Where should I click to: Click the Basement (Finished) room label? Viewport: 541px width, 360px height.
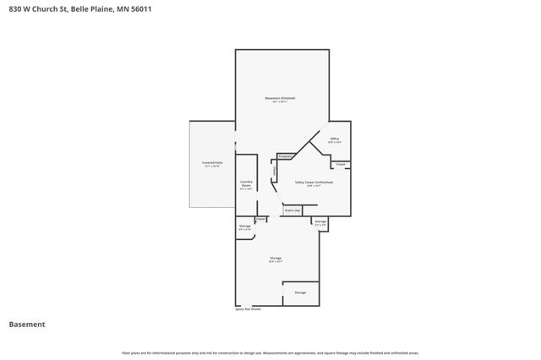pyautogui.click(x=280, y=98)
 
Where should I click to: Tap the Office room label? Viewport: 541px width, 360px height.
pyautogui.click(x=335, y=139)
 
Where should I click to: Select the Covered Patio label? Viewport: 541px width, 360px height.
pyautogui.click(x=212, y=161)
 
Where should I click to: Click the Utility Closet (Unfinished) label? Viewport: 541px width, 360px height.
pyautogui.click(x=314, y=182)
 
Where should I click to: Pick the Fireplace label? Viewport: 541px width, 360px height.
pyautogui.click(x=286, y=156)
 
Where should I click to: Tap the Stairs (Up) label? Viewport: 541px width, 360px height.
pyautogui.click(x=292, y=210)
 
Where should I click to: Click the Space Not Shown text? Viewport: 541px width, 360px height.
pyautogui.click(x=248, y=309)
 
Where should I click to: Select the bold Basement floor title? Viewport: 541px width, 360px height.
pyautogui.click(x=26, y=325)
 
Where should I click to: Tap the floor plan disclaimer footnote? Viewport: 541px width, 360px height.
pyautogui.click(x=270, y=352)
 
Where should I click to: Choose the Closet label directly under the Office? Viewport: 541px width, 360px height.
pyautogui.click(x=340, y=164)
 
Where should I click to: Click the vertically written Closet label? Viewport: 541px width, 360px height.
pyautogui.click(x=274, y=172)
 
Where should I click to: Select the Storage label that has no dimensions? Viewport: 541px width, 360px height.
pyautogui.click(x=300, y=292)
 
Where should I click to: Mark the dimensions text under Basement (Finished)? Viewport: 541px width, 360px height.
pyautogui.click(x=280, y=102)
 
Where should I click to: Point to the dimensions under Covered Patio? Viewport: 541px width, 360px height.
pyautogui.click(x=212, y=166)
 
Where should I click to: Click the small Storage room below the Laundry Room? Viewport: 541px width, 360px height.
pyautogui.click(x=245, y=226)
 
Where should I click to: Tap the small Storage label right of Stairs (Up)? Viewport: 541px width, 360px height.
pyautogui.click(x=320, y=223)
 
